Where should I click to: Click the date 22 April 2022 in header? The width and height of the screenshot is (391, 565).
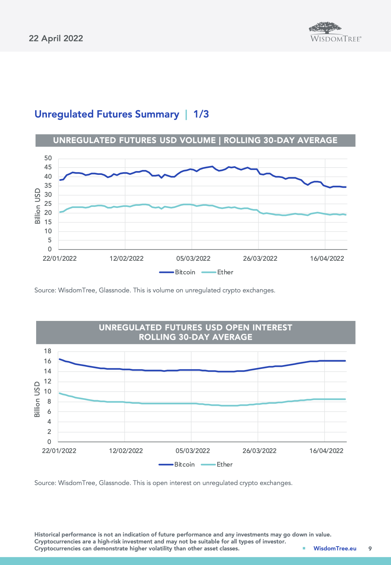pos(56,38)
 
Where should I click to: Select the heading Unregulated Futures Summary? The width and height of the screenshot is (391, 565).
pos(107,114)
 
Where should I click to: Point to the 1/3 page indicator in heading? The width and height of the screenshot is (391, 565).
pos(201,114)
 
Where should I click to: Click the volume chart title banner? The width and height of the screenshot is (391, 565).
pos(195,140)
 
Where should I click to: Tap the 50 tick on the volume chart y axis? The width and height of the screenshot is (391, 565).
pos(48,158)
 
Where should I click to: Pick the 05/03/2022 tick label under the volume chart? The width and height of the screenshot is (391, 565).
pos(193,258)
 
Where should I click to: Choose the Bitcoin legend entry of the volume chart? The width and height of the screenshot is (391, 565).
pos(185,272)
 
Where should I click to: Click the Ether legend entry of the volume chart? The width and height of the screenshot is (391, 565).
pos(225,272)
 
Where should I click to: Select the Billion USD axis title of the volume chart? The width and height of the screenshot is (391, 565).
pos(38,206)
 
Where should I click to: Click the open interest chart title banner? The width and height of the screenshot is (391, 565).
pos(195,332)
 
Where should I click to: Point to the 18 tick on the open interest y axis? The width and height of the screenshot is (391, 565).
pos(48,351)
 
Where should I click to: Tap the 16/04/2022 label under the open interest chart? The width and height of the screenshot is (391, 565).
pos(326,451)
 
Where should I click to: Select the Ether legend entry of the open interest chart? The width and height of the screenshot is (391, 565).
pos(224,465)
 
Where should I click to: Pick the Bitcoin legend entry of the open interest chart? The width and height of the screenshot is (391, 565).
pos(184,465)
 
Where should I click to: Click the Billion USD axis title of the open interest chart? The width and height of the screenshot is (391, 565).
pos(37,399)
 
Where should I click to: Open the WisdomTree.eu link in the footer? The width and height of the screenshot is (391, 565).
pos(335,548)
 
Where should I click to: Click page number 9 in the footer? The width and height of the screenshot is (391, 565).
pos(370,548)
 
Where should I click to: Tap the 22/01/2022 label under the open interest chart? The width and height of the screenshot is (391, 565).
pos(59,451)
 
